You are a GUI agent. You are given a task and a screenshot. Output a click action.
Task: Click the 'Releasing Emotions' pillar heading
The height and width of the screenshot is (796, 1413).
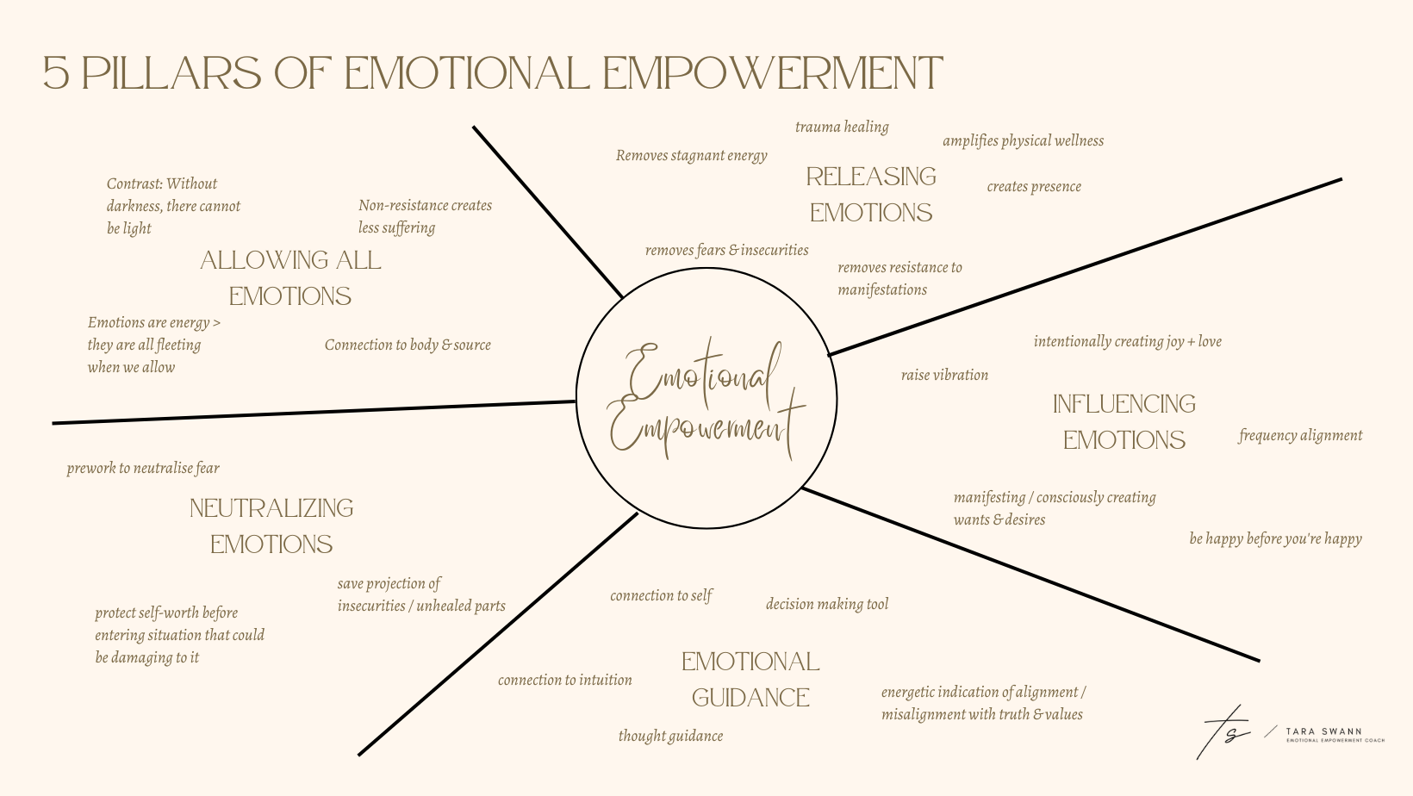pos(870,194)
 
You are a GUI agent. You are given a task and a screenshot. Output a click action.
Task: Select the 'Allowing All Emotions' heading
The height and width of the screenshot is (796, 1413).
pos(290,277)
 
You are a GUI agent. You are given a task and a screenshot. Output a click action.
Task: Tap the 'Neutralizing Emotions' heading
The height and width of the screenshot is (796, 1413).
pos(271,525)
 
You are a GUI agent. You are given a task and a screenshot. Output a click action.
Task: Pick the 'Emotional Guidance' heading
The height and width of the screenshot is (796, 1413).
pos(750,679)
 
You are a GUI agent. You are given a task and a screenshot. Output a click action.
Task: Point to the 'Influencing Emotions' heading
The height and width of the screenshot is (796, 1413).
pos(1124,421)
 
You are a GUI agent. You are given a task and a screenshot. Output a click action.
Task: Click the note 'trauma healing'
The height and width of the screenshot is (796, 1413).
pos(842,127)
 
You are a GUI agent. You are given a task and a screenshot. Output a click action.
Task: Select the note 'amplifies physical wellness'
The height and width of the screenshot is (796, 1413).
pos(1023,141)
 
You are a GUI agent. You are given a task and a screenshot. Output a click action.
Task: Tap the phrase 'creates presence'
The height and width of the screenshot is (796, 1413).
pos(1034,187)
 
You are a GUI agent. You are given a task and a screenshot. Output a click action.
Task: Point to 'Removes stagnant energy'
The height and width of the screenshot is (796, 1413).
pos(691,156)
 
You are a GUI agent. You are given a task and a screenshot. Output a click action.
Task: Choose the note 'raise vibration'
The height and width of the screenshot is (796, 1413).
pos(944,376)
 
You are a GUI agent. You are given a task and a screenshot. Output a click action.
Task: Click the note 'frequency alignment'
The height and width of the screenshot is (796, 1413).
pos(1300,436)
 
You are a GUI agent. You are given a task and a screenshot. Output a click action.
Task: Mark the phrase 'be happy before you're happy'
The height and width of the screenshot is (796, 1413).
pos(1275,539)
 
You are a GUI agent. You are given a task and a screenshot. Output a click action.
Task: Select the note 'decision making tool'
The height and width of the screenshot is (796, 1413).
pos(826,605)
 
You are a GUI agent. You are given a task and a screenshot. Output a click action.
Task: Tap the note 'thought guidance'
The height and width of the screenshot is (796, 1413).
pos(670,737)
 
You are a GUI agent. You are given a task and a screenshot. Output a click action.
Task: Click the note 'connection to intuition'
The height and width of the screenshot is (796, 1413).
pos(564,681)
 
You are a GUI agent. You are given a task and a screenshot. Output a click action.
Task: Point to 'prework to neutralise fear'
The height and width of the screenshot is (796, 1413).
pos(143,469)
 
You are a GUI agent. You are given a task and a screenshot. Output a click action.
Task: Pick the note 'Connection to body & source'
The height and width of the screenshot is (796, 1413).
pos(408,345)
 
